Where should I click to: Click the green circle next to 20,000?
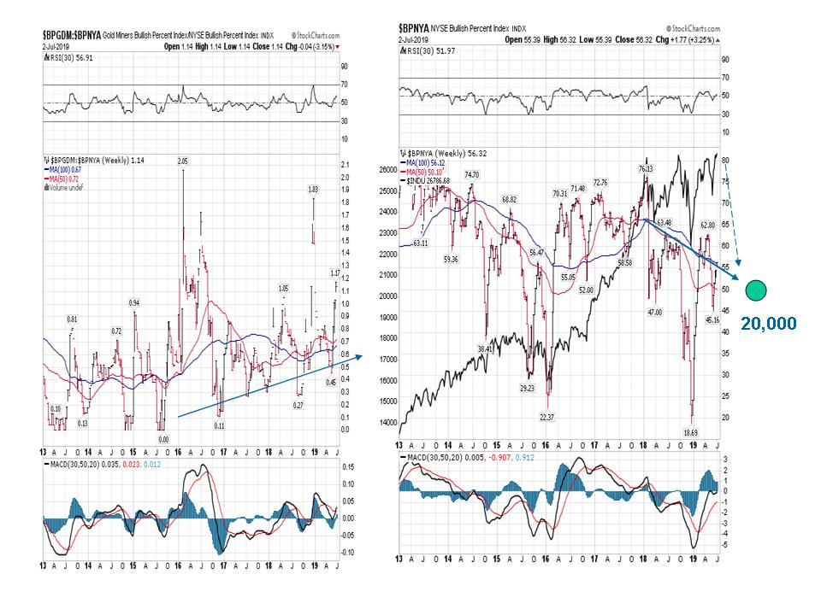[x=755, y=290]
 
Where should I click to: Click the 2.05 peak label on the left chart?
[x=182, y=161]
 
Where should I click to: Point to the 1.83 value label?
[x=314, y=189]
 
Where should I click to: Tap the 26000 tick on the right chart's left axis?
[x=390, y=170]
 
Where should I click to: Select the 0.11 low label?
[x=219, y=425]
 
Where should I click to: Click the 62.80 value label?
[x=706, y=225]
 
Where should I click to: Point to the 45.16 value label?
[x=712, y=319]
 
